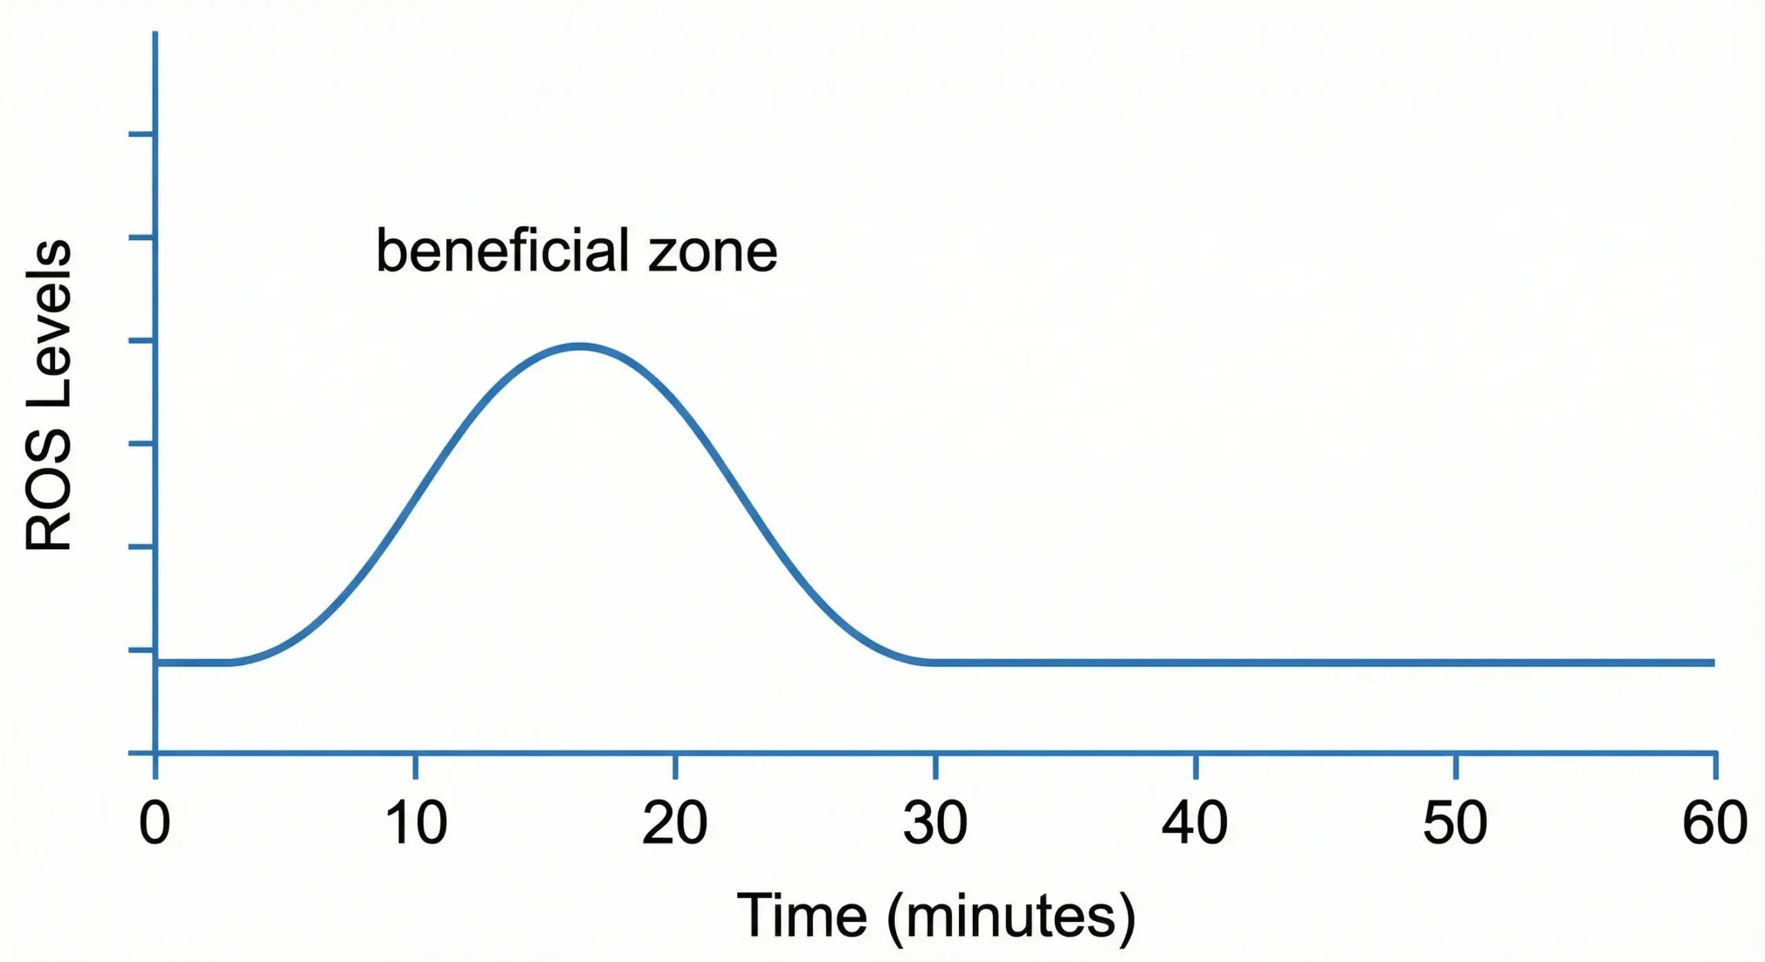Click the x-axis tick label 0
[x=154, y=823]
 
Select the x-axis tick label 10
[x=416, y=823]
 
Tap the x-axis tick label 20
[x=675, y=823]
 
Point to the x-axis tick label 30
[x=936, y=823]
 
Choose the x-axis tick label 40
[x=1195, y=823]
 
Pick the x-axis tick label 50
[x=1455, y=823]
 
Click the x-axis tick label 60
[x=1715, y=823]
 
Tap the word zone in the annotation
[x=713, y=254]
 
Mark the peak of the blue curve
[x=581, y=346]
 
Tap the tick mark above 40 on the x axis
[x=1196, y=766]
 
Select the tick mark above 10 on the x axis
[x=416, y=766]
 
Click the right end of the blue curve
[x=1713, y=663]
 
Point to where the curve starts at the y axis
[x=157, y=663]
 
